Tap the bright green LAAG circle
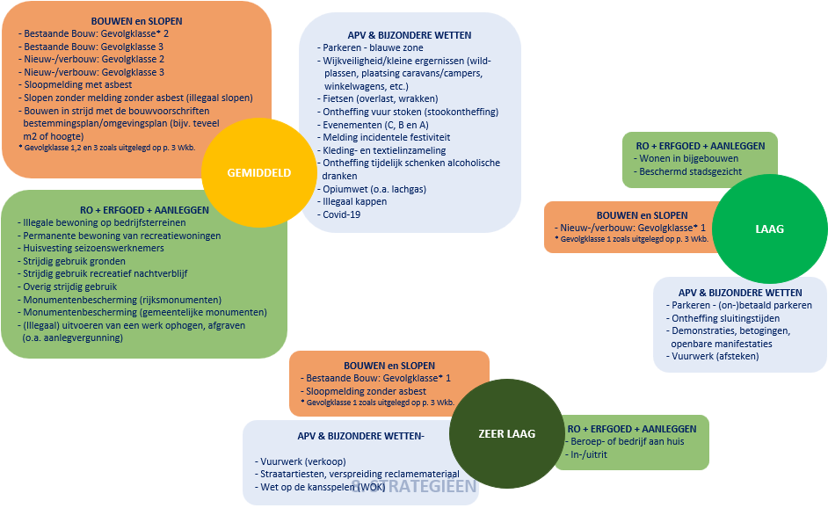pos(769,229)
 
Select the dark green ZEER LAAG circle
pos(506,433)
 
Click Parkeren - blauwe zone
pos(373,48)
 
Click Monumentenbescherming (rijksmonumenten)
pos(123,299)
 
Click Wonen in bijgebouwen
pos(688,158)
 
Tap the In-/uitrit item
pos(590,454)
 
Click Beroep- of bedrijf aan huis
pos(627,441)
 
